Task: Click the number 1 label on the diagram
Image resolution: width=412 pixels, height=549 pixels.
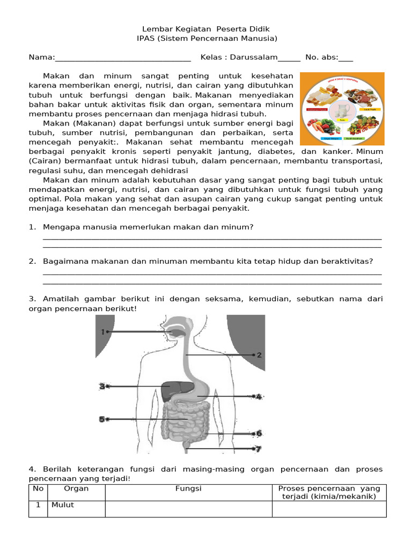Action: [102, 332]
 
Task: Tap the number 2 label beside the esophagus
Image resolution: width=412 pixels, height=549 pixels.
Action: [259, 355]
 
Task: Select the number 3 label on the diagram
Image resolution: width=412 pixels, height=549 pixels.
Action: [101, 386]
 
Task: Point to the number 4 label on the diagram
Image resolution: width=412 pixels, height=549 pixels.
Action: [259, 397]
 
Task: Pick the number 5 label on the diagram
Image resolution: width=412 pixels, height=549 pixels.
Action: [101, 419]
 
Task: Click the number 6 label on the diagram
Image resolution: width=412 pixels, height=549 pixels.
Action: [259, 433]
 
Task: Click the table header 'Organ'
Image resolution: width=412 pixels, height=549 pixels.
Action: [76, 488]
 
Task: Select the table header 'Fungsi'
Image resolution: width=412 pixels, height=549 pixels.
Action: [188, 488]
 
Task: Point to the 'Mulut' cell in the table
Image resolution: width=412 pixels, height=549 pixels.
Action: [63, 505]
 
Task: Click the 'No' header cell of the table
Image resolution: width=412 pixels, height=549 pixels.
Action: [38, 488]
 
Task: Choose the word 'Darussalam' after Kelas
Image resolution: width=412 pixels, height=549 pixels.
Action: [254, 57]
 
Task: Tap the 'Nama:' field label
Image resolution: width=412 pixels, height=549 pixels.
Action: [41, 57]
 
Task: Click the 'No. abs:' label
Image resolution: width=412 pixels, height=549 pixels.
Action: [321, 57]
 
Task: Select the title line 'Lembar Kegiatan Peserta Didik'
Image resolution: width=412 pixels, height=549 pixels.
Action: [207, 28]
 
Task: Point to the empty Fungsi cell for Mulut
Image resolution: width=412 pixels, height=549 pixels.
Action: [188, 509]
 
